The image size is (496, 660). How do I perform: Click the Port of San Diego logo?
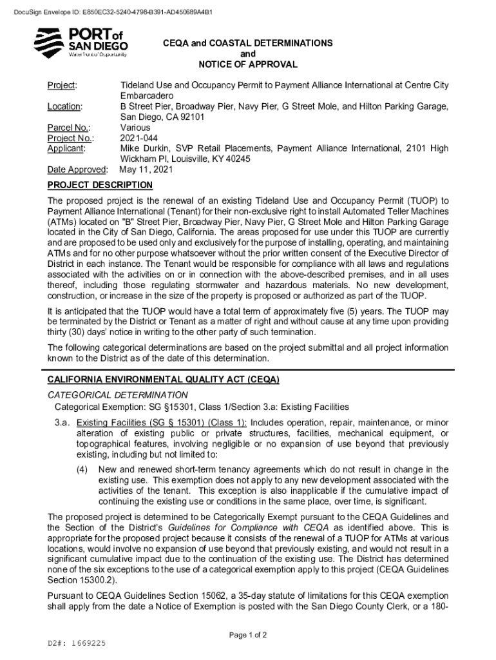pos(81,43)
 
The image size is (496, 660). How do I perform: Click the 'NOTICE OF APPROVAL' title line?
pos(248,64)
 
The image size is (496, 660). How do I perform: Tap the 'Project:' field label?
pos(62,86)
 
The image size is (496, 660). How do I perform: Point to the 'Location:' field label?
pos(64,106)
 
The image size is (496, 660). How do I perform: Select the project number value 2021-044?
pos(138,138)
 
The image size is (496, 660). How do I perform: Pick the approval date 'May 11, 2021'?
pos(146,170)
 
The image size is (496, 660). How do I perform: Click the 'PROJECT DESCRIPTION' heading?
pos(100,186)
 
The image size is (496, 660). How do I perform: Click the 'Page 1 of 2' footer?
pos(248,635)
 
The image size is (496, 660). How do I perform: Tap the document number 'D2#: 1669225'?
pos(77,643)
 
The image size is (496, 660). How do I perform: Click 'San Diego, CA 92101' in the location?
pos(162,117)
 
